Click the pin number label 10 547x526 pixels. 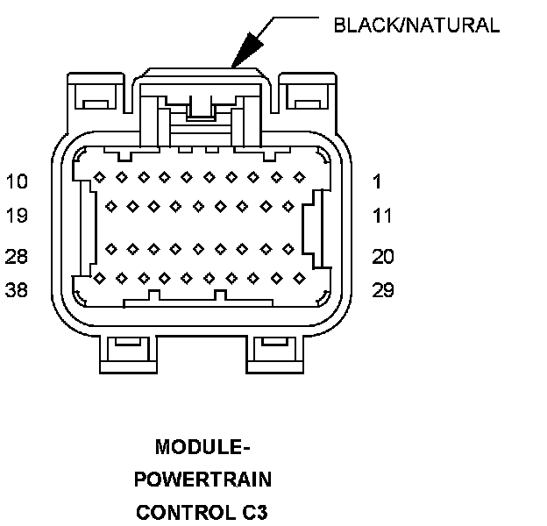(x=17, y=182)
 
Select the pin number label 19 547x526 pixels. (x=17, y=216)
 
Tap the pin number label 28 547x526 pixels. (x=17, y=257)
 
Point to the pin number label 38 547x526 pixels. (x=17, y=290)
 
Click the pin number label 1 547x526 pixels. (x=377, y=182)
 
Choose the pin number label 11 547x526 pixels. (x=382, y=216)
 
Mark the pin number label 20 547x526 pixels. (x=383, y=257)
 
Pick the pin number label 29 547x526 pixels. (x=383, y=290)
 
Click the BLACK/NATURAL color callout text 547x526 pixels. (x=416, y=25)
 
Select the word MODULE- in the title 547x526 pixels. (x=203, y=448)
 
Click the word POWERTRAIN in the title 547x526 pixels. (x=203, y=480)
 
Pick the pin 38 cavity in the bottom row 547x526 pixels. (x=100, y=279)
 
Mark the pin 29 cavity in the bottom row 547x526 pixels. (x=299, y=279)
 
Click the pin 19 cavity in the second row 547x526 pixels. (x=110, y=208)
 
